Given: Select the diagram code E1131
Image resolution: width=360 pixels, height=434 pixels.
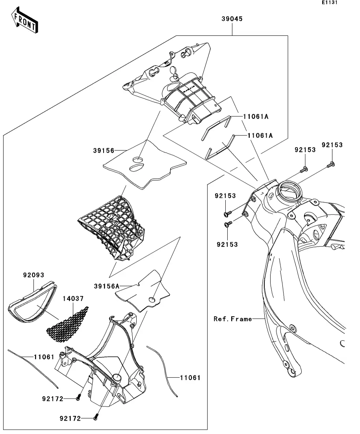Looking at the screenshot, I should pyautogui.click(x=330, y=3).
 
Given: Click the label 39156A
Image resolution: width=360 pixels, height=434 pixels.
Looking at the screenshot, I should pyautogui.click(x=105, y=286).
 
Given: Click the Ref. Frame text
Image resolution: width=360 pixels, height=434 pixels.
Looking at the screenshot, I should pyautogui.click(x=232, y=319).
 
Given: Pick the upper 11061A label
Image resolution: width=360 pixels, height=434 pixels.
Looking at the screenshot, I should pyautogui.click(x=256, y=117).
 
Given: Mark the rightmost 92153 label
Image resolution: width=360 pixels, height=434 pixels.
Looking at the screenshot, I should pyautogui.click(x=332, y=145).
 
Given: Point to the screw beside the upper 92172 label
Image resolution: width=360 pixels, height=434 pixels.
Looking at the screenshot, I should pyautogui.click(x=78, y=398).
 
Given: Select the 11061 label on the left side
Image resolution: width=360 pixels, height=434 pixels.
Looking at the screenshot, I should pyautogui.click(x=43, y=357).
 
